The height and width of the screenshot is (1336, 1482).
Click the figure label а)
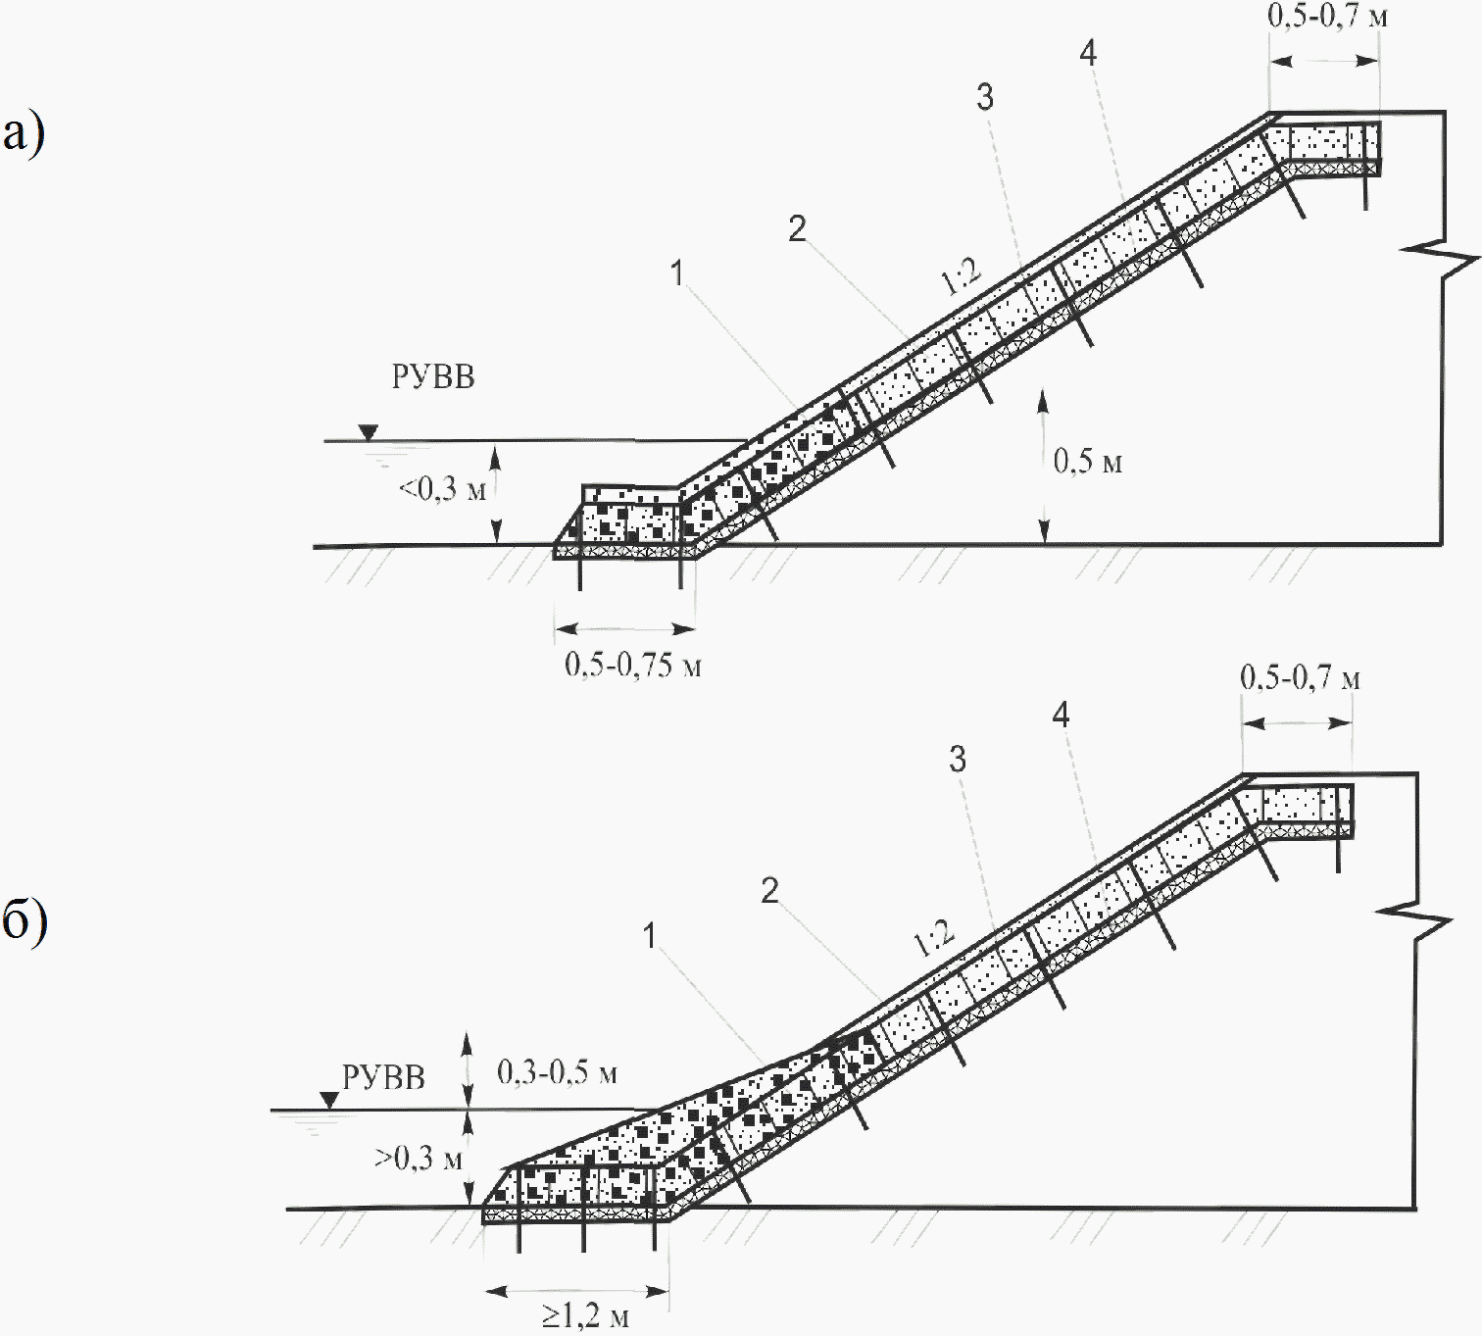coord(24,132)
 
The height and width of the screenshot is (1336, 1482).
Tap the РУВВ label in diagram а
coord(433,376)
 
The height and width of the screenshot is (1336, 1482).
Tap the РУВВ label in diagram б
coord(383,1077)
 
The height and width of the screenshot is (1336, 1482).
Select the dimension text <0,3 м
coord(442,488)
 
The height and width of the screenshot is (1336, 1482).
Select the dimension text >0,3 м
coord(419,1159)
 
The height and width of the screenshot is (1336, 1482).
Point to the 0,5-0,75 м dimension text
coord(632,665)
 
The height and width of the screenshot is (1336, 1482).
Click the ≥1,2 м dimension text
coord(586,1314)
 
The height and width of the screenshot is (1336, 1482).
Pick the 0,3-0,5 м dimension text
coord(557,1071)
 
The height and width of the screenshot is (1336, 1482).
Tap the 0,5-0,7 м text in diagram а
coord(1327,17)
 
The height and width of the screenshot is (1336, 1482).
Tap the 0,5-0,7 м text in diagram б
coord(1300,677)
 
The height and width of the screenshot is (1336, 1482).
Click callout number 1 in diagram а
coord(676,272)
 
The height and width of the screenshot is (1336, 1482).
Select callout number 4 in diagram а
coord(1088,53)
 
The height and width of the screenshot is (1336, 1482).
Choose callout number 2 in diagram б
coord(770,890)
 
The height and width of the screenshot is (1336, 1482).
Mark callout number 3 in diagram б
coord(958,759)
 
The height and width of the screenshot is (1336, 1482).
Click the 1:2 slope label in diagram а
coord(962,276)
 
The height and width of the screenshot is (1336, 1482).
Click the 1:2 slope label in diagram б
coord(933,938)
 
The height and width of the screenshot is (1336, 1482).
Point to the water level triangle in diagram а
coord(368,432)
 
